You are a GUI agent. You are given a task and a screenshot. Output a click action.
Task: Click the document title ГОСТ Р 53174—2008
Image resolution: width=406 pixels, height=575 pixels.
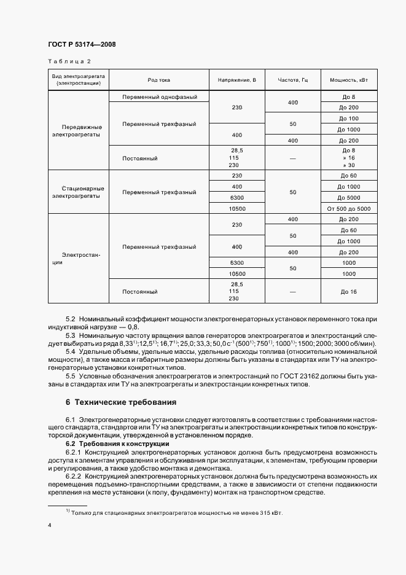[82, 44]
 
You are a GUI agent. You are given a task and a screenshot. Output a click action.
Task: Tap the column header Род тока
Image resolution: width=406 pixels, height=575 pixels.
[158, 80]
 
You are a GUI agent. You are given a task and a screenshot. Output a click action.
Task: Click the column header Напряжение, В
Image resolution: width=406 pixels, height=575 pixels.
[236, 80]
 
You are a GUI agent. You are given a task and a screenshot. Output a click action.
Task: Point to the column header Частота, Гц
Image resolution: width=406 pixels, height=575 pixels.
[292, 80]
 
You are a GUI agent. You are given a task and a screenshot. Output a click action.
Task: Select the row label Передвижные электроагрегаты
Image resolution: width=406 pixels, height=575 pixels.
[77, 130]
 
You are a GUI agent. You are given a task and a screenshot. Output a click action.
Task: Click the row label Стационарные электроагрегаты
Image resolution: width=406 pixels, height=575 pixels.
[77, 192]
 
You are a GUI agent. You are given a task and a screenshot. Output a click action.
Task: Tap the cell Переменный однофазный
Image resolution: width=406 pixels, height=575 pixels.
[159, 97]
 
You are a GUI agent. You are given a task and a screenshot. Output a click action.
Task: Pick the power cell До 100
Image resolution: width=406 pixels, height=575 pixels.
[348, 118]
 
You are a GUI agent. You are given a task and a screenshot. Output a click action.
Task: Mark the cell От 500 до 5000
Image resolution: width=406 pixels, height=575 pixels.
[348, 209]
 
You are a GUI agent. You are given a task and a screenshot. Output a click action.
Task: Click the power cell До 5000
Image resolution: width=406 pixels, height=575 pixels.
[348, 198]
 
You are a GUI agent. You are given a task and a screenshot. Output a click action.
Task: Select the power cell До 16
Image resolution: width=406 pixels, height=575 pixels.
[348, 291]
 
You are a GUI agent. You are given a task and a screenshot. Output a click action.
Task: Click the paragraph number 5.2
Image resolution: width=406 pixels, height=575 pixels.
[70, 319]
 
